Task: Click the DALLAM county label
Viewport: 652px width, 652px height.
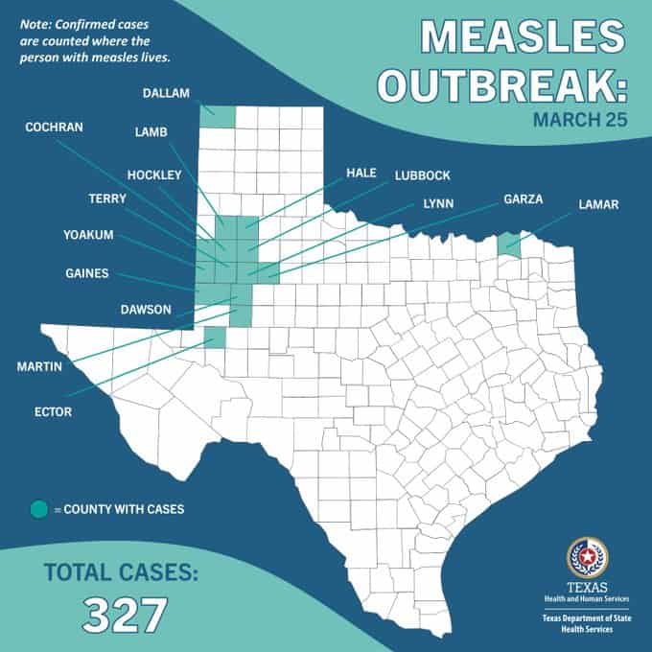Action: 167,94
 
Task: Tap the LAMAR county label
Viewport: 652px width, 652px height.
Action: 599,204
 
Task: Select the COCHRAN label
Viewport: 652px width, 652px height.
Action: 54,127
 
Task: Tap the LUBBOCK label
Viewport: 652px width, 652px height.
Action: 422,175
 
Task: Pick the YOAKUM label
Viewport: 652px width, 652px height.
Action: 88,234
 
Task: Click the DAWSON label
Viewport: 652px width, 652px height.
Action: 147,309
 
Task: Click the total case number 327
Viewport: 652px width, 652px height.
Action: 125,615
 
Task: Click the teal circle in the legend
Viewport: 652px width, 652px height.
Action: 38,509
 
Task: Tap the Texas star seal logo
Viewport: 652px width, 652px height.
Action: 586,557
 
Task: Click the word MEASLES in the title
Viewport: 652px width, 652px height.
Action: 522,35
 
